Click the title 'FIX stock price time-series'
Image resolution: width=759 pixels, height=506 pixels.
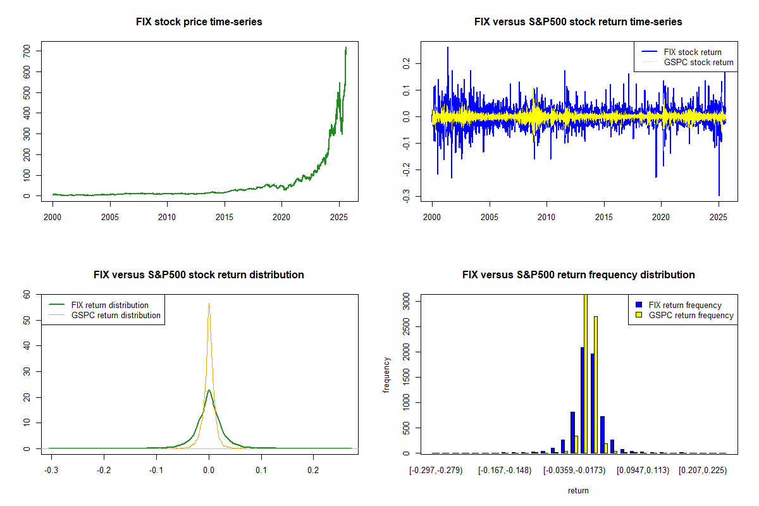(199, 22)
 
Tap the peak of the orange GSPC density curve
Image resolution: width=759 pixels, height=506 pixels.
(209, 304)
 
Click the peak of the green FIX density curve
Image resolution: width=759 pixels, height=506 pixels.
(209, 390)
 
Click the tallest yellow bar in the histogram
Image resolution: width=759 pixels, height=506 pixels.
(586, 373)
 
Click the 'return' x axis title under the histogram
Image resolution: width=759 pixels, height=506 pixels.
(578, 490)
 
